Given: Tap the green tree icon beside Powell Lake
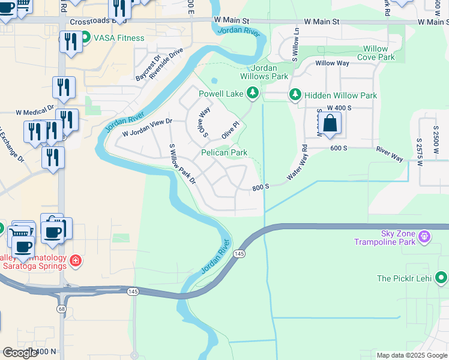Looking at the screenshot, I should pyautogui.click(x=253, y=93).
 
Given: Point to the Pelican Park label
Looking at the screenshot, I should pyautogui.click(x=224, y=153).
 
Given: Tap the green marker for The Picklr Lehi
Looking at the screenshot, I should pyautogui.click(x=441, y=277).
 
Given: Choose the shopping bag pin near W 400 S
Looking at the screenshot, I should pyautogui.click(x=331, y=124).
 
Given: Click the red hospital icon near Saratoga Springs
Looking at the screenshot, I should pyautogui.click(x=76, y=260).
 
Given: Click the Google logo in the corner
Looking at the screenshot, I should pyautogui.click(x=20, y=353).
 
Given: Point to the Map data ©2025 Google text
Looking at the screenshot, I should pyautogui.click(x=412, y=355).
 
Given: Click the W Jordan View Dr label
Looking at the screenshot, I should pyautogui.click(x=147, y=128).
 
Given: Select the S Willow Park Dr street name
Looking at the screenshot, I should pyautogui.click(x=182, y=164).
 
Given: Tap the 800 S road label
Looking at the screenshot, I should pyautogui.click(x=261, y=187).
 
